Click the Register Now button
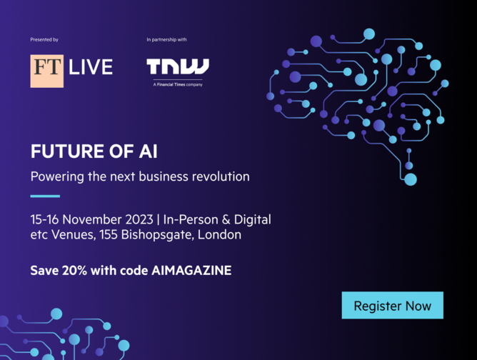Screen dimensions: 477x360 point(393,305)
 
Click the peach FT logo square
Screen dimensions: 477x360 point(47,71)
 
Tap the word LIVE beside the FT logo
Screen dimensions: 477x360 point(91,67)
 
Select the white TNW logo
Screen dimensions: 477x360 point(178,66)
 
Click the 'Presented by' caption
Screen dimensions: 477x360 point(44,39)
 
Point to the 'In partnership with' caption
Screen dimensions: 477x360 point(166,39)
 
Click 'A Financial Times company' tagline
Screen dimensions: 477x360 point(178,84)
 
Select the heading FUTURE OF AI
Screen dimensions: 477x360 point(94,151)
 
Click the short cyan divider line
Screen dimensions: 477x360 point(45,196)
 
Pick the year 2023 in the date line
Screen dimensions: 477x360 point(139,219)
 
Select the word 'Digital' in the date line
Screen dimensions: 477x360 point(252,220)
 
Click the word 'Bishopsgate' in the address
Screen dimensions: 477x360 point(157,235)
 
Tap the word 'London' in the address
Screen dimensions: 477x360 point(219,234)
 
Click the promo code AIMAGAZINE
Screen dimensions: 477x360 point(191,271)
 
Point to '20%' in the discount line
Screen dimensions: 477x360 point(74,271)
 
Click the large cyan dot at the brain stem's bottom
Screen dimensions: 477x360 point(411,179)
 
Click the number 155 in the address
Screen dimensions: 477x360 point(109,234)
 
